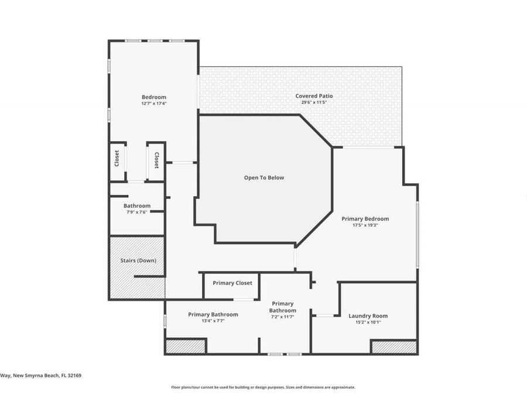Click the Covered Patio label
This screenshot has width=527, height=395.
tap(314, 96)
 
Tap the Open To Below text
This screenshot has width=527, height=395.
tap(264, 177)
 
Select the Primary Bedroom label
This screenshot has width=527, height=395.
tap(365, 219)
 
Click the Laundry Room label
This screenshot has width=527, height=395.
tap(368, 316)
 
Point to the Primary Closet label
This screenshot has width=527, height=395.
tap(232, 283)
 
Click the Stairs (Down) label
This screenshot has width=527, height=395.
tap(138, 260)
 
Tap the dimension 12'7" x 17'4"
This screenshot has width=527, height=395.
tap(153, 104)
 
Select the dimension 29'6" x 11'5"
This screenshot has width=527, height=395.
tap(314, 102)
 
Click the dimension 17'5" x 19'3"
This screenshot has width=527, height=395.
tap(365, 225)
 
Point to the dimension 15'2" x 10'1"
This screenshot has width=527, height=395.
tap(368, 322)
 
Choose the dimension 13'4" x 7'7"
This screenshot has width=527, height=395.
tap(213, 321)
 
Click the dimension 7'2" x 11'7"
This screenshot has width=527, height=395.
tap(282, 317)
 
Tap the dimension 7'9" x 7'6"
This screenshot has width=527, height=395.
tap(136, 212)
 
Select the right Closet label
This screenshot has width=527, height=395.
tap(156, 160)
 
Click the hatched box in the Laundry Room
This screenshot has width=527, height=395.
tap(394, 347)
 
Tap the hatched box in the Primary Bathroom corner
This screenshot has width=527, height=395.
tap(186, 346)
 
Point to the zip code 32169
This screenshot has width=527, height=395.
tap(74, 376)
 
